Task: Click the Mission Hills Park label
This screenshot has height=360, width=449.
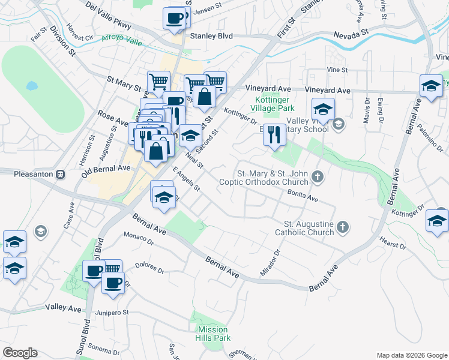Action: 213,334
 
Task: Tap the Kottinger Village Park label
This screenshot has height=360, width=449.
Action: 274,104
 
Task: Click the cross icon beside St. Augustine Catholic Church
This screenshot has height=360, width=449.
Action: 342,227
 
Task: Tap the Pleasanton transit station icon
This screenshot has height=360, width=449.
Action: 60,175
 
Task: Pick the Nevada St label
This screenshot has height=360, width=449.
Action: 351,35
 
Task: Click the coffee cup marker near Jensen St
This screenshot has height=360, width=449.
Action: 175,18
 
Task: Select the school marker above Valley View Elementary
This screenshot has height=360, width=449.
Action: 323,110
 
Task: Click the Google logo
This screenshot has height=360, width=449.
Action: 20,353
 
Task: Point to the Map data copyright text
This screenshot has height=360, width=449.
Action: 411,355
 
